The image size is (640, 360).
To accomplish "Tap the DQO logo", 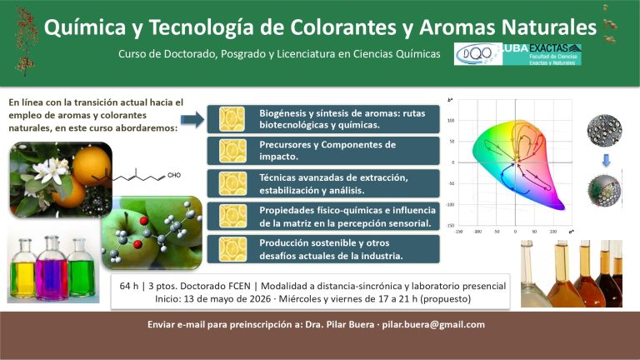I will [477, 54].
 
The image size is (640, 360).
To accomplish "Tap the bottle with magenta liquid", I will [52, 269].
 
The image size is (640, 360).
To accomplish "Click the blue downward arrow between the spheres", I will [605, 158].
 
